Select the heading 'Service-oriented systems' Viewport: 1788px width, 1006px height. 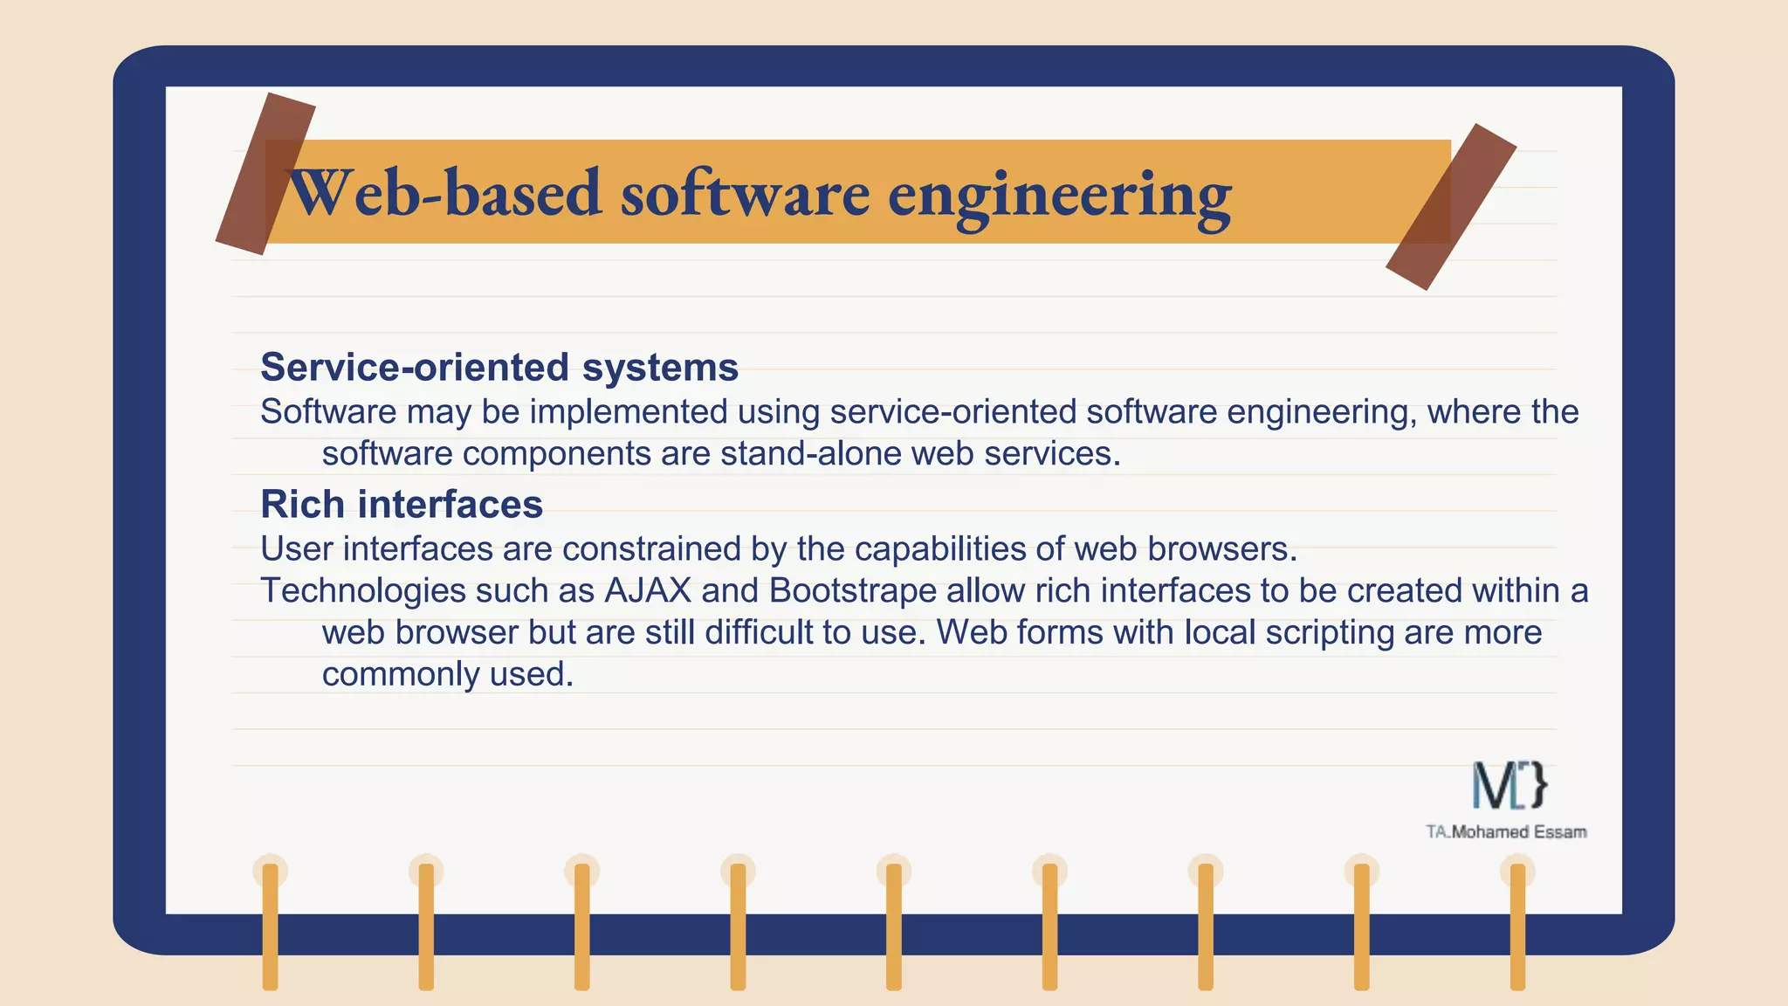tap(499, 367)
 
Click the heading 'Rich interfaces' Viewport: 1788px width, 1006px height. tap(402, 504)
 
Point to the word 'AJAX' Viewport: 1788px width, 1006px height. tap(647, 590)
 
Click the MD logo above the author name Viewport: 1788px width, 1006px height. tap(1509, 785)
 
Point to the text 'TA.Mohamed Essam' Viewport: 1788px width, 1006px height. tap(1506, 832)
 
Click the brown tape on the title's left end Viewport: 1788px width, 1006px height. tap(265, 173)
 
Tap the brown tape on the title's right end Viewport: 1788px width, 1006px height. tap(1451, 207)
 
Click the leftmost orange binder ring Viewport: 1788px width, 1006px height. tap(270, 926)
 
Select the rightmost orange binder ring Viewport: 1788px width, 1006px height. tap(1517, 926)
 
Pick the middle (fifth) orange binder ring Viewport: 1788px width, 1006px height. tap(894, 926)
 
